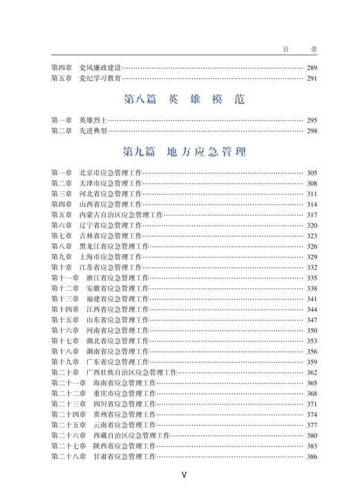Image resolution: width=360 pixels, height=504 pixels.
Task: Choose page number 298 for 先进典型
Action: (312, 130)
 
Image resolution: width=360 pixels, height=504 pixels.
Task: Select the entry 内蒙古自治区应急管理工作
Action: (121, 215)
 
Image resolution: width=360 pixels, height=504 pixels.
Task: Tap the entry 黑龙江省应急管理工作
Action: (114, 246)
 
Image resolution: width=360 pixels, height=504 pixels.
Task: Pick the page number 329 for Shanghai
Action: (312, 257)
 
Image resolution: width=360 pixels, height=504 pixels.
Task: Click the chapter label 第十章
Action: (61, 267)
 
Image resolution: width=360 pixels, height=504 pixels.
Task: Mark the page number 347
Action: (312, 320)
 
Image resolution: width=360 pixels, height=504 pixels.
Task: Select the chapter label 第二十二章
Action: (67, 393)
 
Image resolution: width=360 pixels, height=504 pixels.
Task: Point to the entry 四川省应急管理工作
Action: (125, 404)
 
